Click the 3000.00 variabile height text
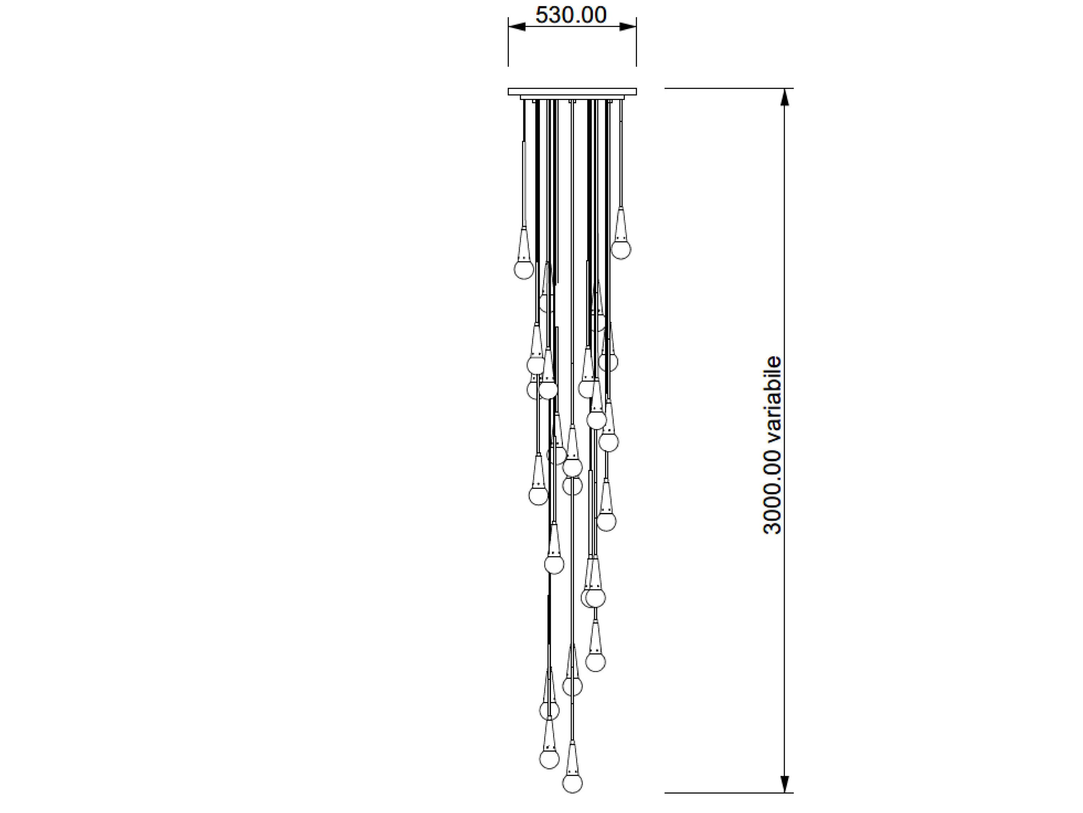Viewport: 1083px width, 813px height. click(772, 445)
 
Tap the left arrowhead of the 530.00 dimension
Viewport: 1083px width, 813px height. click(517, 27)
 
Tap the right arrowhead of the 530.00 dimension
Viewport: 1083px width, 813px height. click(628, 27)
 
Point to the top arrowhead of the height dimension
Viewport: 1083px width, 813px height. click(785, 97)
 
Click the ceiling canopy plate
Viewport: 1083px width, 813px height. click(573, 92)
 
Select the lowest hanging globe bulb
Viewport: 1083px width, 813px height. click(573, 796)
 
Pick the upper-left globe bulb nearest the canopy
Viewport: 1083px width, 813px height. click(523, 269)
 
